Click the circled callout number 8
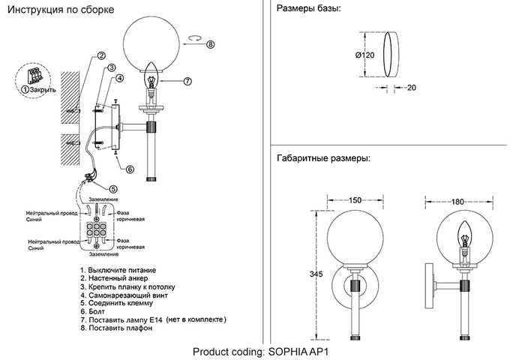(x=211, y=44)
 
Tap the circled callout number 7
(x=187, y=81)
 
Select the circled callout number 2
(x=101, y=55)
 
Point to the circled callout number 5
(x=113, y=189)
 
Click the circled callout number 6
(x=130, y=169)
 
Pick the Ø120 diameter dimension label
(x=364, y=55)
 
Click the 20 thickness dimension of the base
(x=412, y=88)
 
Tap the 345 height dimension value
(x=316, y=274)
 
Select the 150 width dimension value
(x=355, y=200)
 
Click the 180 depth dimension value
(x=457, y=202)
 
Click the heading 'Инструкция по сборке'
(x=61, y=10)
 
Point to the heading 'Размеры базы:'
(x=308, y=8)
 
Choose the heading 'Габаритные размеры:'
(x=323, y=157)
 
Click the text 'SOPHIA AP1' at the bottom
(x=298, y=352)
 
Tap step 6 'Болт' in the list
(x=92, y=312)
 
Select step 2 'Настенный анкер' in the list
(x=114, y=278)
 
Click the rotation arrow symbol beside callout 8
(x=195, y=38)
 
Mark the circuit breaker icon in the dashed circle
(x=34, y=76)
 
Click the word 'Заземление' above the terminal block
(x=103, y=199)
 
